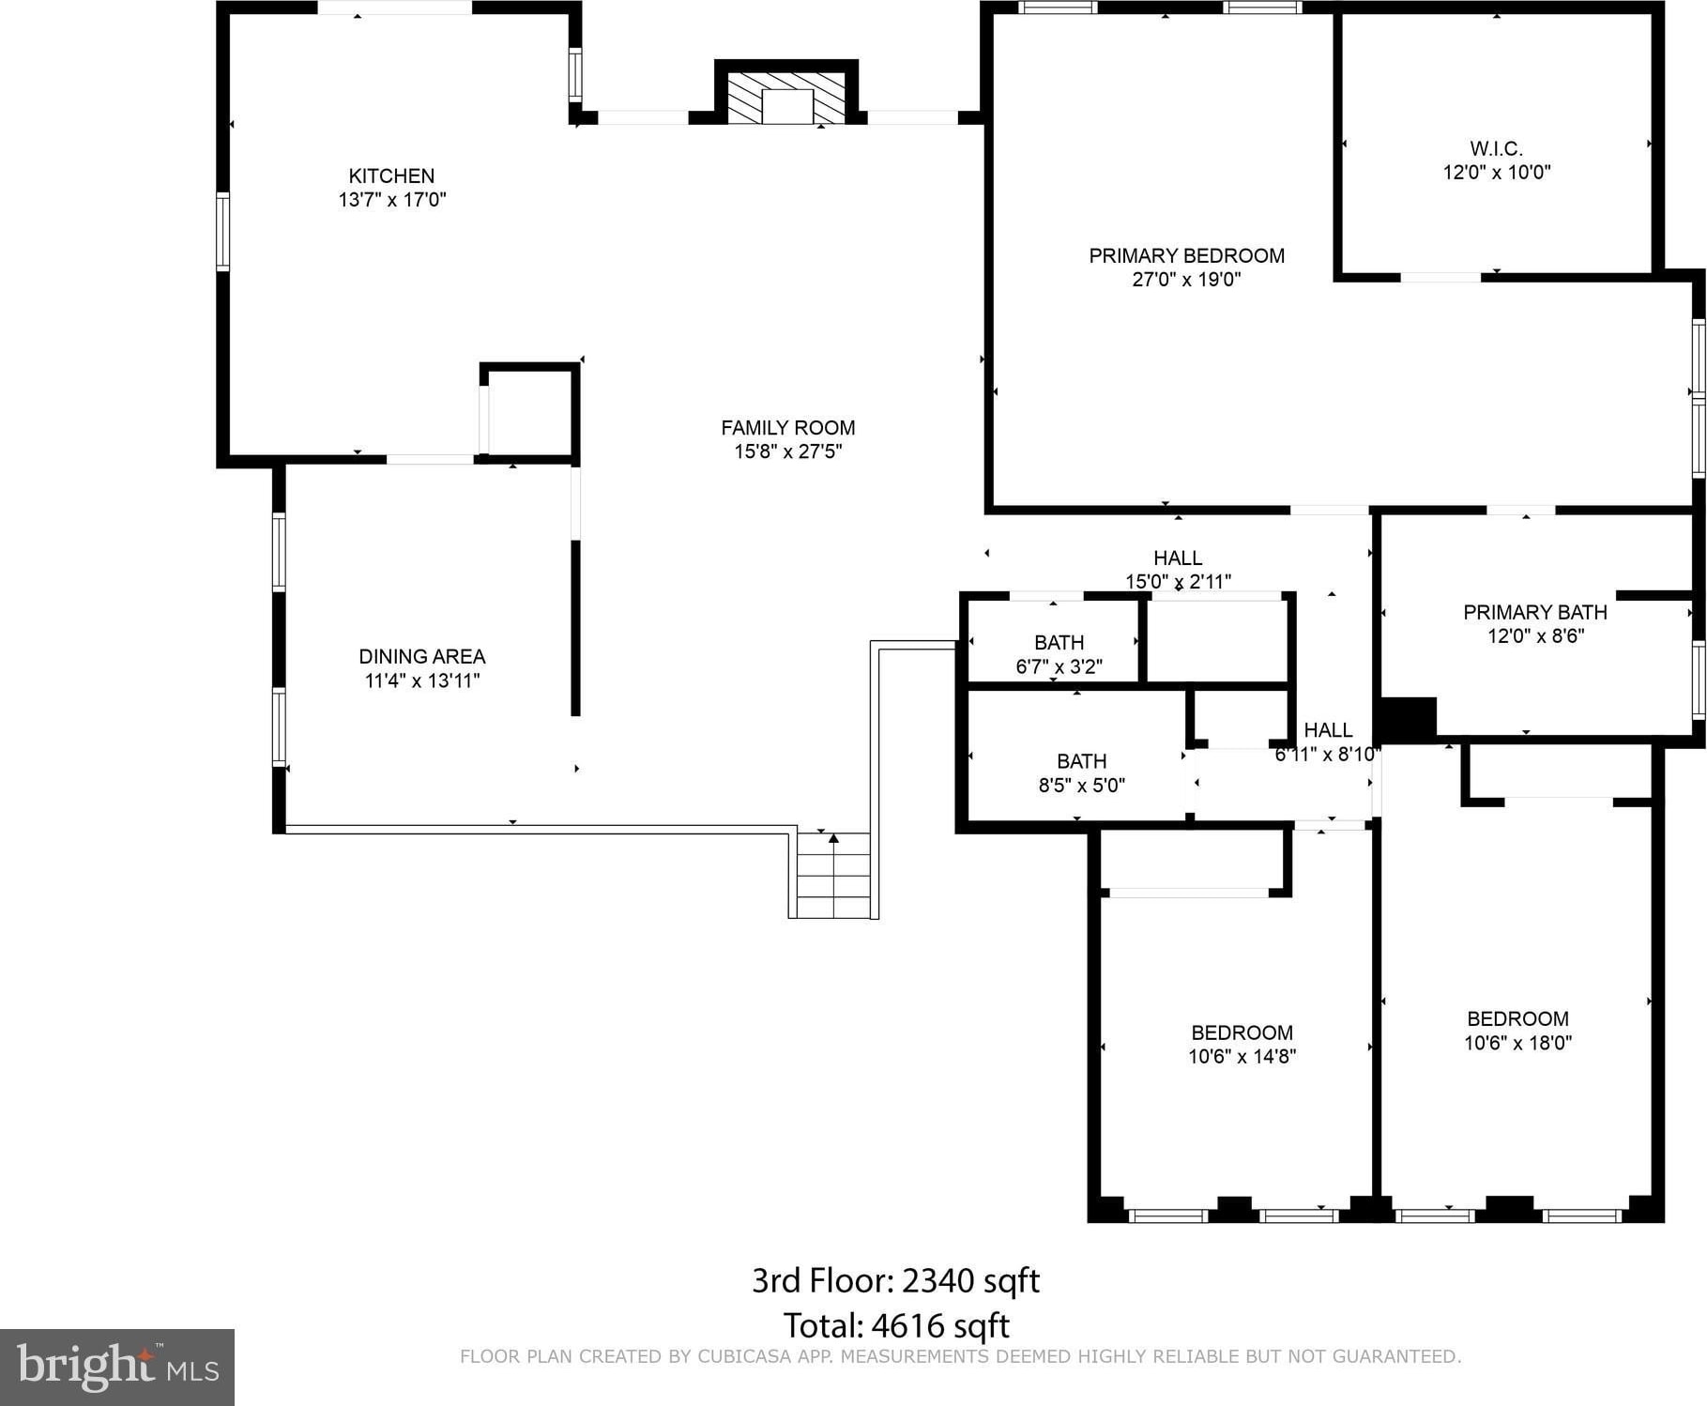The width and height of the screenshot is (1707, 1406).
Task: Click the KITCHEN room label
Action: click(391, 176)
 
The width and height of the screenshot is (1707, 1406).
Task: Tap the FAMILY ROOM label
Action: click(787, 428)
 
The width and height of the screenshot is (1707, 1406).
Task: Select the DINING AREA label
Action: click(422, 657)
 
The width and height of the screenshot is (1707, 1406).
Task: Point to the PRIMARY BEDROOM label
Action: click(1186, 255)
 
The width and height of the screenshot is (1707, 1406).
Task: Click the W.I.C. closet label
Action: click(1496, 148)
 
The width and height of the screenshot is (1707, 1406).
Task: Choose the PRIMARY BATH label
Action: click(1535, 612)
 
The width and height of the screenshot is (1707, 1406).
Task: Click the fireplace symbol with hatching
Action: click(786, 98)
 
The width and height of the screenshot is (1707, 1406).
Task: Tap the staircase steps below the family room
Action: click(833, 875)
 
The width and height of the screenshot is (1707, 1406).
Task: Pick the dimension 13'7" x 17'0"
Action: click(392, 200)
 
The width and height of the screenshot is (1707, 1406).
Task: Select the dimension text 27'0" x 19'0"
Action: click(1186, 279)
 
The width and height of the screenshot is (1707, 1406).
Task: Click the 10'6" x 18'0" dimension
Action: click(1517, 1043)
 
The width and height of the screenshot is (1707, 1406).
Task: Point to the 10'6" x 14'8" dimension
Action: click(1242, 1057)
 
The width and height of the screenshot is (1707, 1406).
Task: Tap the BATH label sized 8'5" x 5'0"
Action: click(1081, 761)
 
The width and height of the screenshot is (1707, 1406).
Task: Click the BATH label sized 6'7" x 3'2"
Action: click(1059, 643)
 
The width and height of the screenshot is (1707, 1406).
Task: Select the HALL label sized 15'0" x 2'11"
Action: click(1178, 558)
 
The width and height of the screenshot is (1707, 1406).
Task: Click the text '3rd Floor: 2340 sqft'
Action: click(895, 1280)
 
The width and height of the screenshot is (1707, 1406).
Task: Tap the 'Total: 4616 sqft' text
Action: click(896, 1325)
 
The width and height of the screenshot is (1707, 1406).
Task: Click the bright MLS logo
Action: click(117, 1367)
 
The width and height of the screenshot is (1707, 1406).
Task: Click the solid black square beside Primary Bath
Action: click(1408, 720)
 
